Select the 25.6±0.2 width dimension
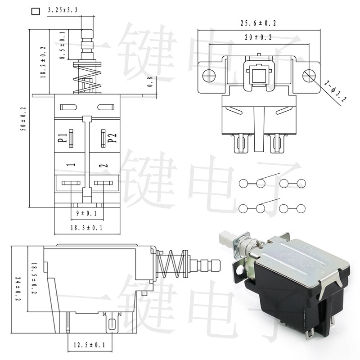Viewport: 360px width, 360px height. point(258,22)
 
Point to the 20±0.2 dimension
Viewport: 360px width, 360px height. point(258,38)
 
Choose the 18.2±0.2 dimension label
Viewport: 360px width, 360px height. point(43,62)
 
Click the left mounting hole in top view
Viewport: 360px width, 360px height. point(207,75)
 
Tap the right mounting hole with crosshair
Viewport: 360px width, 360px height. point(309,75)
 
